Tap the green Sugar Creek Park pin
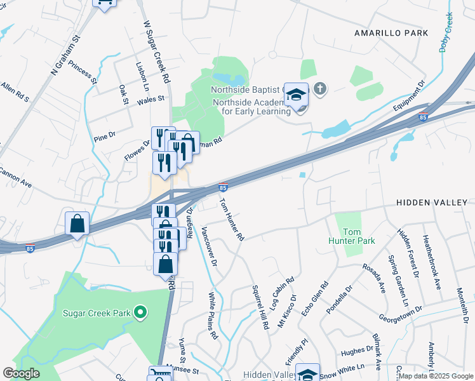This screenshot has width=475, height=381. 140,312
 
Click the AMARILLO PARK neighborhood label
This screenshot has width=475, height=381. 391,32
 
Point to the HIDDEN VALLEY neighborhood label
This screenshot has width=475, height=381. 431,202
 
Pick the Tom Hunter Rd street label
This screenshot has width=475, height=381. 232,220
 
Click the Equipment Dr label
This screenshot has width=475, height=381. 408,96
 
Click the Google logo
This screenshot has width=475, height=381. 21,373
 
